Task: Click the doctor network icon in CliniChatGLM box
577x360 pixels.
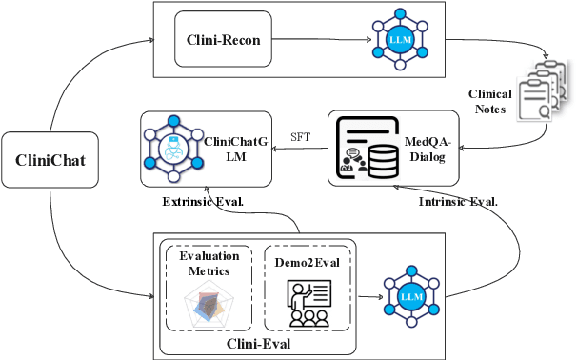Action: (172, 146)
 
